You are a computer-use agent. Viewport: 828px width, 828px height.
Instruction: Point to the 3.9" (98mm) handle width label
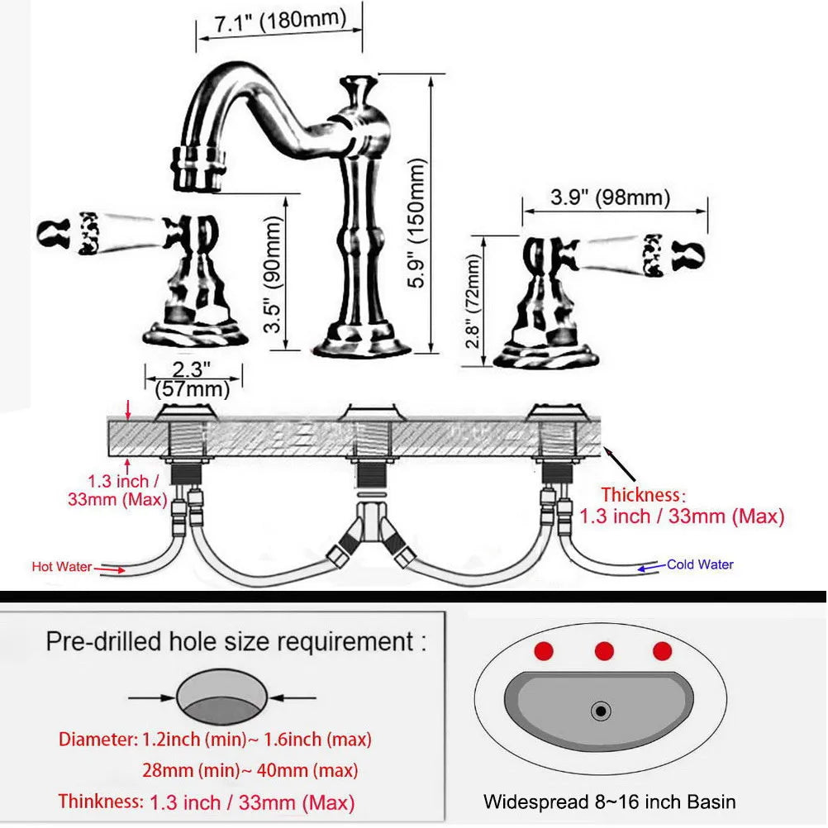point(610,198)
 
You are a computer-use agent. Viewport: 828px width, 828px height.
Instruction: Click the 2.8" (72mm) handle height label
point(473,300)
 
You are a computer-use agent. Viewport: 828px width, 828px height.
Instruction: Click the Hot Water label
point(60,567)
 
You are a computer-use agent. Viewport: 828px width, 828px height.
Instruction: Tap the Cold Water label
point(700,564)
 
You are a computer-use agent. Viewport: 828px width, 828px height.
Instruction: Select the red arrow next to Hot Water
point(109,568)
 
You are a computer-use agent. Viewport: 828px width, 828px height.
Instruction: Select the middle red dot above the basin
point(604,651)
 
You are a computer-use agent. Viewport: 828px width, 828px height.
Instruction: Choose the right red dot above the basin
point(662,651)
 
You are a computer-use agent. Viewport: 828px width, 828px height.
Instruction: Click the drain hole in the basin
point(602,710)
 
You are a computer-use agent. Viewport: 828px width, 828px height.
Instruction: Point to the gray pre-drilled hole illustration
point(221,696)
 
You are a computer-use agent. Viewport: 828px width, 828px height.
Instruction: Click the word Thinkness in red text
point(99,801)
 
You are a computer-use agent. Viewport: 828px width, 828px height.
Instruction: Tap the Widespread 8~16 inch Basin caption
point(609,801)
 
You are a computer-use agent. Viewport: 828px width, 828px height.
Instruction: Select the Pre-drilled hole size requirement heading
point(236,640)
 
